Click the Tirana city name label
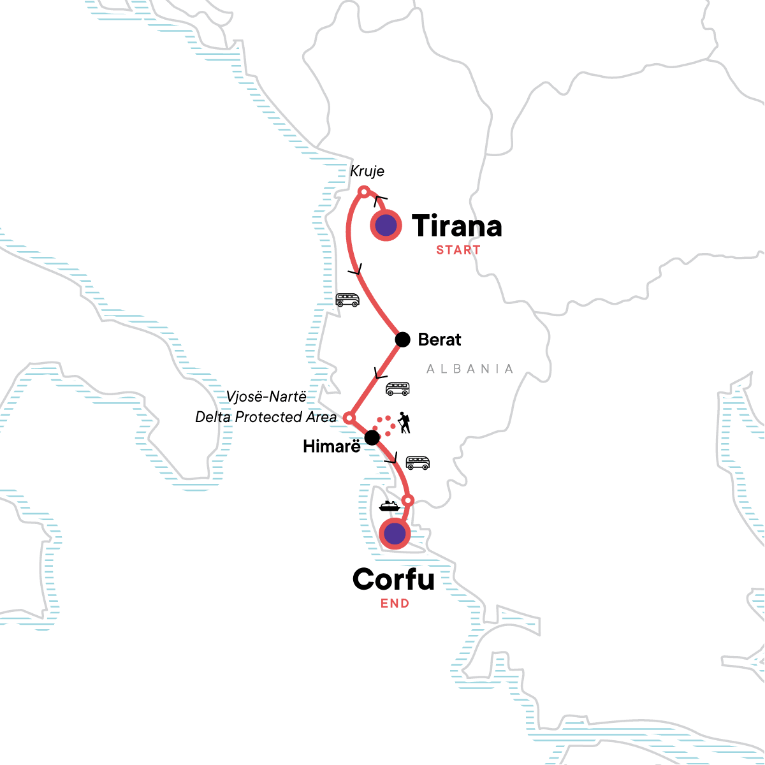[x=456, y=226]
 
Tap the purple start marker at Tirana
[x=386, y=225]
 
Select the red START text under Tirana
[x=458, y=250]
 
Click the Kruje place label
[x=367, y=171]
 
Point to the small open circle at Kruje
[x=363, y=191]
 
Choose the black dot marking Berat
[x=402, y=339]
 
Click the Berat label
[x=439, y=339]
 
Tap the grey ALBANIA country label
[x=470, y=369]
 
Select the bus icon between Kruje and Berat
[x=347, y=300]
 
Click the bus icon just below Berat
[x=398, y=388]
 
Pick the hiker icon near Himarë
[x=404, y=422]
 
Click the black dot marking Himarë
[x=372, y=437]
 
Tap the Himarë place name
[x=331, y=446]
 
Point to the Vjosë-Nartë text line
[x=266, y=397]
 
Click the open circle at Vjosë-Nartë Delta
[x=349, y=418]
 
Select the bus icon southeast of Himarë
[x=418, y=463]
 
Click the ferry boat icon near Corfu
[x=389, y=506]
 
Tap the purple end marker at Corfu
[x=395, y=533]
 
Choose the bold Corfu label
[x=393, y=579]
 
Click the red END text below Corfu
[x=395, y=603]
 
